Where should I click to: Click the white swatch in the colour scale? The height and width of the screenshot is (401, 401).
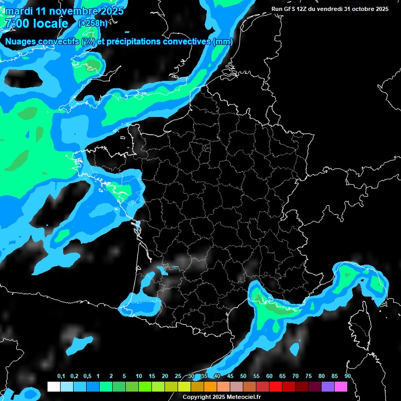tap(53, 386)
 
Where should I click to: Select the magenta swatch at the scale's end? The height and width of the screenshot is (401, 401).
tap(340, 386)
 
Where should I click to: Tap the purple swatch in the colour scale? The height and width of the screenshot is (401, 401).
tap(327, 386)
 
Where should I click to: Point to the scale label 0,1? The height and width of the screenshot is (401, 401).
tap(61, 376)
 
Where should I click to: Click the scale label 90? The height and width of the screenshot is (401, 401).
tap(347, 376)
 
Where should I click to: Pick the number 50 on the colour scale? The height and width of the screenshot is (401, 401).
tap(243, 376)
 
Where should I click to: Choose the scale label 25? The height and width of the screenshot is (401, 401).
tap(178, 376)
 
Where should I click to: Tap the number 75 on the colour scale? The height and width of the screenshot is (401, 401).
tap(308, 376)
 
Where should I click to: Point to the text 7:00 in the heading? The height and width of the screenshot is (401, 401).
tap(16, 23)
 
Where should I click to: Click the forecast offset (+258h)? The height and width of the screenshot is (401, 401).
tap(93, 23)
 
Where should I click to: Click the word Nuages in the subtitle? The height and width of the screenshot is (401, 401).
tap(21, 42)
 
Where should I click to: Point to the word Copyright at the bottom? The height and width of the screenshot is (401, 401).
tap(196, 397)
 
